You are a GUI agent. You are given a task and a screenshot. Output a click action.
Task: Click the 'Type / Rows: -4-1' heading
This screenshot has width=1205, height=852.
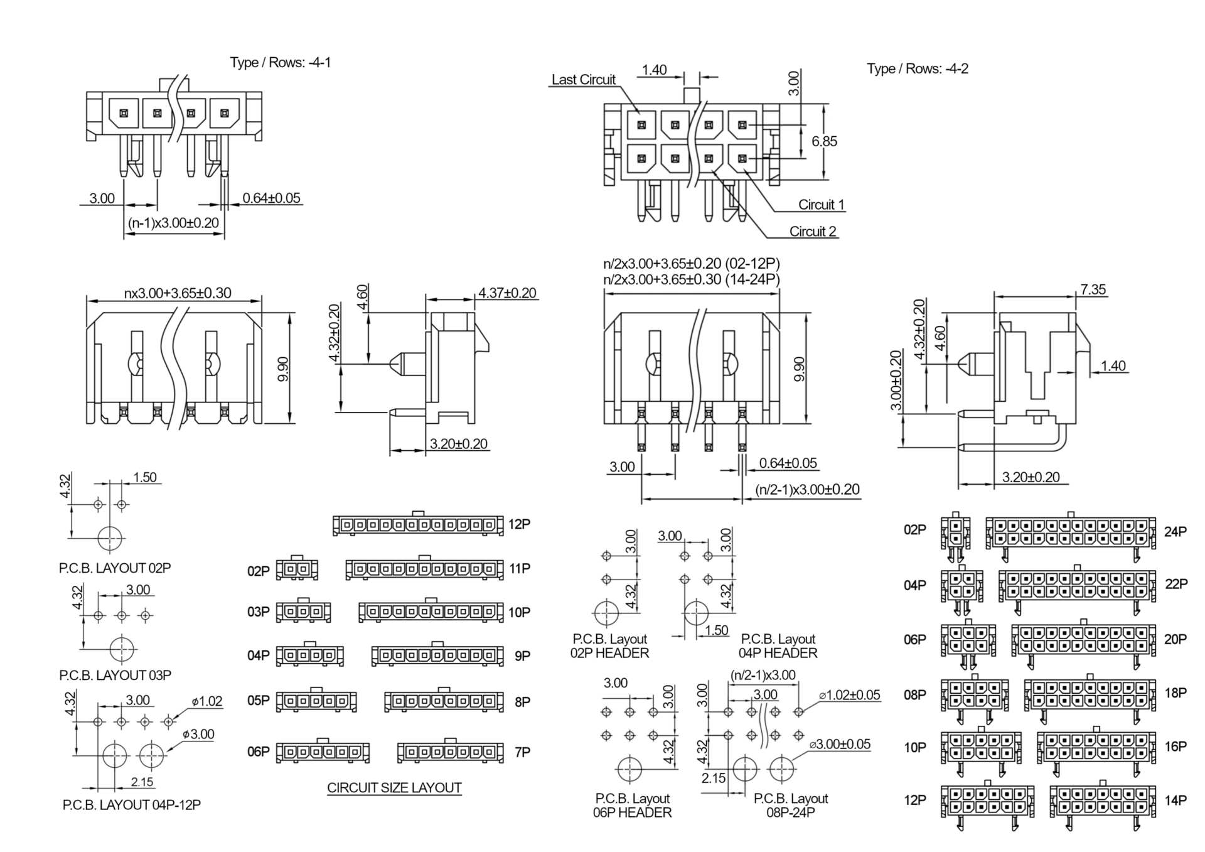coord(280,62)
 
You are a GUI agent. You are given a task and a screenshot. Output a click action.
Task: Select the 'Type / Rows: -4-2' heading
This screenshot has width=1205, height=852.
coord(917,68)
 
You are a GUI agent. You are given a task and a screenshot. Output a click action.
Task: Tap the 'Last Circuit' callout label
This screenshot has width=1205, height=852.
coord(583,80)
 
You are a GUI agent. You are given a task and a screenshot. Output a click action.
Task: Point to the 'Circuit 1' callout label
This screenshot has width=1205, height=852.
coord(821,205)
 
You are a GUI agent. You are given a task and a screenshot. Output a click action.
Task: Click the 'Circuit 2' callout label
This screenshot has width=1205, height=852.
coord(813,232)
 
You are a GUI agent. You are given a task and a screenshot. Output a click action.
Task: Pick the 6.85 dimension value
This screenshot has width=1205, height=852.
coord(824,141)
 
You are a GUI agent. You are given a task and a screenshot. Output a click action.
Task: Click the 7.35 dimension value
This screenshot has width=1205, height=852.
coord(1093,289)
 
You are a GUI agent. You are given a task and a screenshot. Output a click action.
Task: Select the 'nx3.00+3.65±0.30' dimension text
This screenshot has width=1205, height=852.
coord(178,293)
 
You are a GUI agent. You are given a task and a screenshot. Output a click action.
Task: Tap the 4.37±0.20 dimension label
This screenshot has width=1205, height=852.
coord(507,293)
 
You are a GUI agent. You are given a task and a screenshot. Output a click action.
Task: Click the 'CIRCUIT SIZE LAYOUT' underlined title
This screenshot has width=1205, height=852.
coord(394,788)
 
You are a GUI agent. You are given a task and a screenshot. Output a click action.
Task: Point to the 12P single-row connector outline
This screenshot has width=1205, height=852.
coord(418,524)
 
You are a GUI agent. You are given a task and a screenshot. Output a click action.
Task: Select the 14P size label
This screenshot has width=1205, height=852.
coord(1176,801)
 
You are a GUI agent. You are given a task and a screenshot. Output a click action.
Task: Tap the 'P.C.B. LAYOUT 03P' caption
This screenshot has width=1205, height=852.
coord(115,676)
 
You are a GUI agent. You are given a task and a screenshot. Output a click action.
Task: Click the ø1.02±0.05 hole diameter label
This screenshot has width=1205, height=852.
coord(849,696)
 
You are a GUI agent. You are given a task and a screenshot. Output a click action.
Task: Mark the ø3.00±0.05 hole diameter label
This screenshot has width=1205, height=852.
coord(840,745)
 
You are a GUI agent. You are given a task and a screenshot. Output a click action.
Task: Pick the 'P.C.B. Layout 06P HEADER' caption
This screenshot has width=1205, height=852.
coord(632,806)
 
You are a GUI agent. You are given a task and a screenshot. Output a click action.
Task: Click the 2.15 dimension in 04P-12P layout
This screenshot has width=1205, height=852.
coord(142,782)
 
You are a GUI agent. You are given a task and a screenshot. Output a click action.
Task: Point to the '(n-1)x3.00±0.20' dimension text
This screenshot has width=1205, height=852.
coord(173,223)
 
